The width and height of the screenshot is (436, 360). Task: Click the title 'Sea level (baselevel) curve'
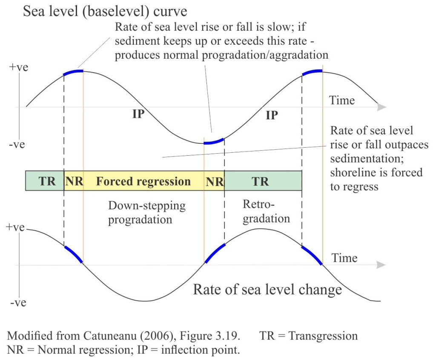point(105,11)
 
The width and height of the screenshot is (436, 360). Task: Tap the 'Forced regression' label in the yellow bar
point(143,181)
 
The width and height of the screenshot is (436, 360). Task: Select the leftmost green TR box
point(45,181)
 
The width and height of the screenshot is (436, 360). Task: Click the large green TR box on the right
point(263,181)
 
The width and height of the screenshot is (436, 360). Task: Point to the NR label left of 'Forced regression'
point(74,181)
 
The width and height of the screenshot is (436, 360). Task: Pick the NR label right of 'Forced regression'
point(215,182)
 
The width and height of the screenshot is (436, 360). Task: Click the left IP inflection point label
point(138,114)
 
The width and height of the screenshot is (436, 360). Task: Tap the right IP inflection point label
point(272,115)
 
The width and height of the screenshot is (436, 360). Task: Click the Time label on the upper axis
point(342,100)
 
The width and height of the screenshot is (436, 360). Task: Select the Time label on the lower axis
point(344,258)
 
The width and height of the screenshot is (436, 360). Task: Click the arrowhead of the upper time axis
point(382,107)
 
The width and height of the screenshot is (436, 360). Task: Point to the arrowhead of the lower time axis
point(381,265)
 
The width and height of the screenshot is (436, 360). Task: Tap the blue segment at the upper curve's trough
point(214,142)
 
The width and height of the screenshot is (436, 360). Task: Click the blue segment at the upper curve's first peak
point(73,72)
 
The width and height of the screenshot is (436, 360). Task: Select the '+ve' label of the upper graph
point(19,67)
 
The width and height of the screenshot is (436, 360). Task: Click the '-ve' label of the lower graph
point(18,302)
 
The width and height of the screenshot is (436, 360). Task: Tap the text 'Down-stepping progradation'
point(147,213)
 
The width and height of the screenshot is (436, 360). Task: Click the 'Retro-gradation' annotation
point(267,211)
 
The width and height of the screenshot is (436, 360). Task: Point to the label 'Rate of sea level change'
point(267,289)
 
